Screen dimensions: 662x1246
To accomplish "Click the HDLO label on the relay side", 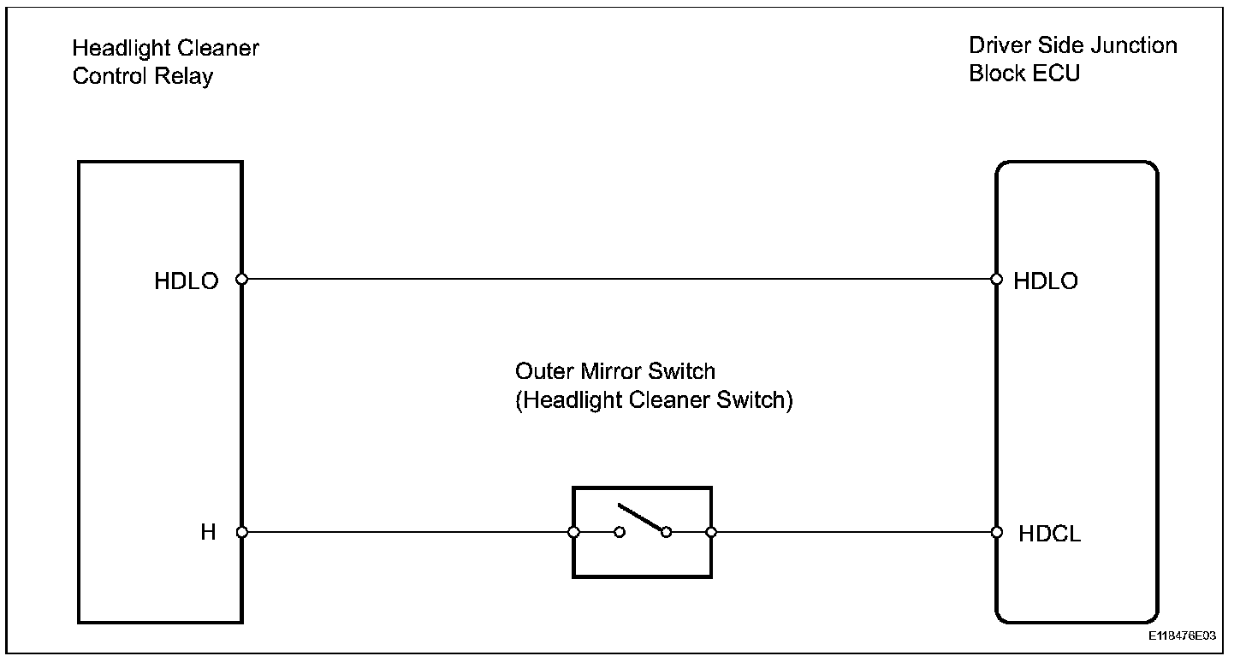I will [186, 281].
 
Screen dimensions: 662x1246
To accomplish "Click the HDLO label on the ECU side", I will [1046, 281].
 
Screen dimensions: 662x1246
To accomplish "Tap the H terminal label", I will [208, 532].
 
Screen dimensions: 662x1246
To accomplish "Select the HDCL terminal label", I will [1050, 534].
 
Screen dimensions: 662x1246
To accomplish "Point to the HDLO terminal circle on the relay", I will [242, 279].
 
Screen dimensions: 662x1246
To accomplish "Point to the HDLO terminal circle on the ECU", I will [996, 279].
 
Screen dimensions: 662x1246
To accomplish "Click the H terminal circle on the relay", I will [242, 532].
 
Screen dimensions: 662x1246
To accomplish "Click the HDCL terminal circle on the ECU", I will [996, 532].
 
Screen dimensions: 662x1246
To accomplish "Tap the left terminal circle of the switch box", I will [573, 532].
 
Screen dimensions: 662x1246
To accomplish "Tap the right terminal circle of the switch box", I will [711, 532].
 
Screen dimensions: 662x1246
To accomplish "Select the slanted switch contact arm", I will [642, 518].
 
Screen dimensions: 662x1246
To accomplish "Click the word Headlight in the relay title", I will [114, 49].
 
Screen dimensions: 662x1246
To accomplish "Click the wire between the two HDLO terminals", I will [616, 279].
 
